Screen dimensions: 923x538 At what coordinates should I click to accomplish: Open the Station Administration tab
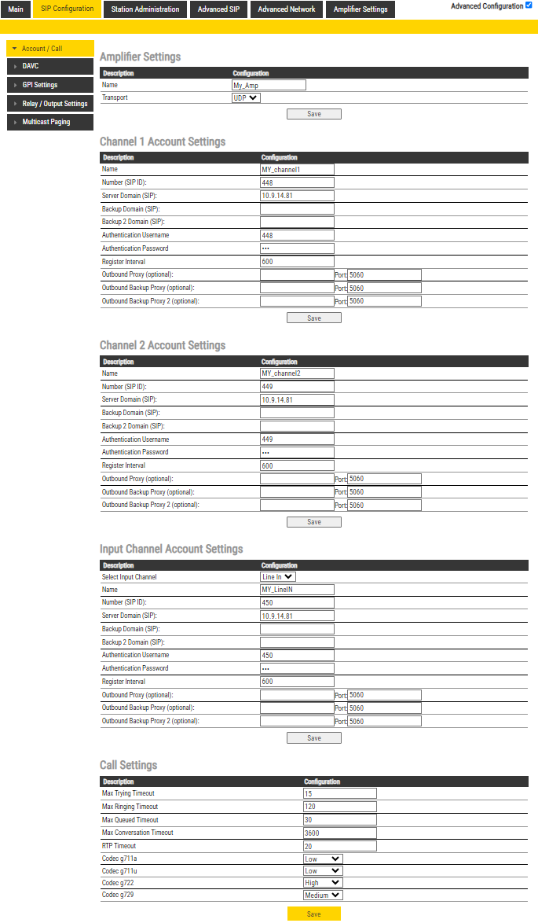(145, 9)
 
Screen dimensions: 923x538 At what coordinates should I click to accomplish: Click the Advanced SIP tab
(218, 9)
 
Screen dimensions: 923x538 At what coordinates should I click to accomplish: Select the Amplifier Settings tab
(360, 9)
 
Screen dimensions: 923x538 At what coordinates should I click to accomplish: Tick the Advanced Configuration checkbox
(529, 6)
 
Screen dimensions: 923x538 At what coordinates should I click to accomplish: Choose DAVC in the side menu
(49, 66)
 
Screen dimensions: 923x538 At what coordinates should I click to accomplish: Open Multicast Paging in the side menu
(49, 123)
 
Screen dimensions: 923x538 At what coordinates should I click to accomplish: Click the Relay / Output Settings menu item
(49, 104)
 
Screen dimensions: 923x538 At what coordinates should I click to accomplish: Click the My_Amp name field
(269, 85)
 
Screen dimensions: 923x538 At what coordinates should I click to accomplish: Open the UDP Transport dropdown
(246, 98)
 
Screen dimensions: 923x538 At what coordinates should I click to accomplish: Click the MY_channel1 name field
(297, 169)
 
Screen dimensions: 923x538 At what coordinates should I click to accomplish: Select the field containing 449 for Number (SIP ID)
(297, 387)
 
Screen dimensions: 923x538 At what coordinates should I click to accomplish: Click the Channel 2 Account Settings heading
(163, 345)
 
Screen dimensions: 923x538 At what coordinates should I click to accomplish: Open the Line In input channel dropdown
(278, 577)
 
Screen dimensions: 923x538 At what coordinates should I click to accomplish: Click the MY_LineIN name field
(297, 590)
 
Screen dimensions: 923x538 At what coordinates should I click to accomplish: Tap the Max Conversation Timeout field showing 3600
(340, 833)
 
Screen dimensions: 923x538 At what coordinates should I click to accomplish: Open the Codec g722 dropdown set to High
(323, 883)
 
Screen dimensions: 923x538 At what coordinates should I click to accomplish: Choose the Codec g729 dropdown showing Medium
(323, 895)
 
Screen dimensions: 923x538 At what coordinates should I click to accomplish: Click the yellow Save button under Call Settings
(314, 914)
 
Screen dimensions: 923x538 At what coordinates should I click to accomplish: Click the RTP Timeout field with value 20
(340, 846)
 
